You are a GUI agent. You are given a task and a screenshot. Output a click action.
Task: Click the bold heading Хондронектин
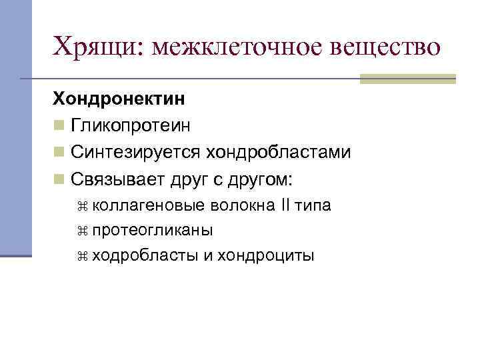pos(119,99)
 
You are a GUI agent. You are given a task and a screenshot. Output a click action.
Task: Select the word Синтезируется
pos(135,153)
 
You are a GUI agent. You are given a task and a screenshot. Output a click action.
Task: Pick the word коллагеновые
pos(147,205)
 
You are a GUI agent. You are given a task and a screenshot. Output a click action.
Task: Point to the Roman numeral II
pos(284,205)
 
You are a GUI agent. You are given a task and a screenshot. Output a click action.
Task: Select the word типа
pos(313,205)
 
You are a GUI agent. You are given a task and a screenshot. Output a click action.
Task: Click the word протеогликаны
pos(153,231)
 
